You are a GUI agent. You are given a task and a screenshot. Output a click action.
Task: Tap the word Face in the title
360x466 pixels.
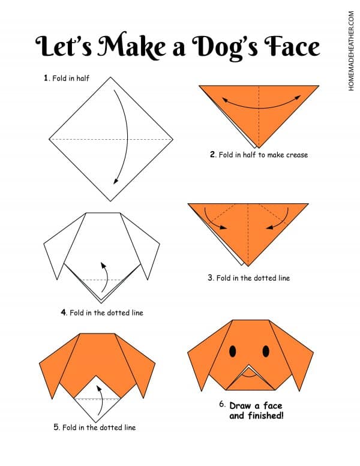pos(289,46)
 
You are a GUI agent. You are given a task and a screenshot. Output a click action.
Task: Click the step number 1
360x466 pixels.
pos(46,78)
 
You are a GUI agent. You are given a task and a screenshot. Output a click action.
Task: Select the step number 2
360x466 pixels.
pos(212,155)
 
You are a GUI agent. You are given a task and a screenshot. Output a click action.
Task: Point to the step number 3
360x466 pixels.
pos(211,278)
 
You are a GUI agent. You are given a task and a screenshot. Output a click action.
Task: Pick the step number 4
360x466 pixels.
pos(63,312)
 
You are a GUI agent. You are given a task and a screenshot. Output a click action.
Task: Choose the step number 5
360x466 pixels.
pos(56,427)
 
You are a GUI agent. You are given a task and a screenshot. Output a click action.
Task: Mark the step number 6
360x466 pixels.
pos(222,404)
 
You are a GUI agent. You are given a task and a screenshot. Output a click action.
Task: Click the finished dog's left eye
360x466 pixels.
pos(233,350)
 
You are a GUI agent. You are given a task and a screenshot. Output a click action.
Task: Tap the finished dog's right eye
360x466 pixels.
pos(264,350)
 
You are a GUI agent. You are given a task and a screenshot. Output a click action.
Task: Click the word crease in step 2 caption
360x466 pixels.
pos(297,155)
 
